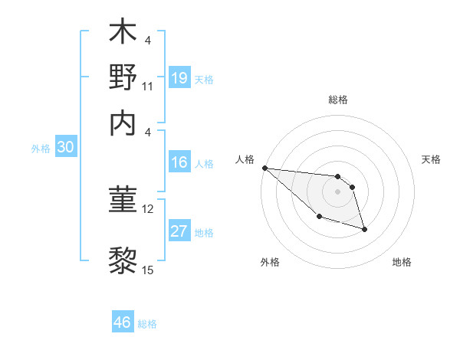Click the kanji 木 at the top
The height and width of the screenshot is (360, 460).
tap(122, 33)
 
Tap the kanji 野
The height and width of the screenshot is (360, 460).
tap(122, 77)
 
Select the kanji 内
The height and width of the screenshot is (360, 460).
tap(122, 122)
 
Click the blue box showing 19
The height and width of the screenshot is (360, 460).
tap(179, 77)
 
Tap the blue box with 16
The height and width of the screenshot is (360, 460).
tap(179, 162)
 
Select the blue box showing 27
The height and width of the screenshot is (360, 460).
tap(179, 231)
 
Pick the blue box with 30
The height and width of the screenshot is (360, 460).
tap(64, 148)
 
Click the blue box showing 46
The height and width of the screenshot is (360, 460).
tap(123, 322)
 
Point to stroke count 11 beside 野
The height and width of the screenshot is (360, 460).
tap(148, 87)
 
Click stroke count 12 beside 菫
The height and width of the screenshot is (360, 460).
tap(148, 208)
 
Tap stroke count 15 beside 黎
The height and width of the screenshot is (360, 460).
tap(148, 269)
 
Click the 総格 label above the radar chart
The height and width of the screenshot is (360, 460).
tap(337, 100)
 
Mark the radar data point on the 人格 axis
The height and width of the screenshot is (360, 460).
tap(264, 168)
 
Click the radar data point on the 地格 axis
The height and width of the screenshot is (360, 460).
tap(364, 229)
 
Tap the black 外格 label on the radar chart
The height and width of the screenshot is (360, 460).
tap(270, 262)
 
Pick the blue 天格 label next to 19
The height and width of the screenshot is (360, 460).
tap(204, 79)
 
